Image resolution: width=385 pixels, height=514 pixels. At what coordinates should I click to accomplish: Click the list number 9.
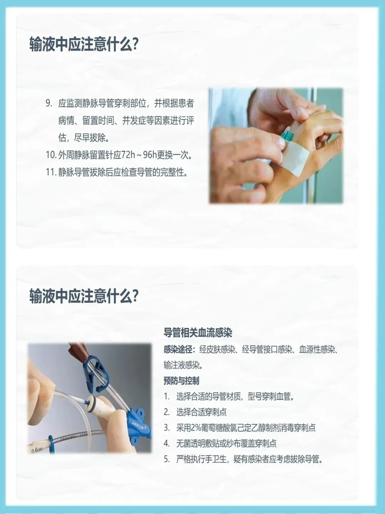coord(48,103)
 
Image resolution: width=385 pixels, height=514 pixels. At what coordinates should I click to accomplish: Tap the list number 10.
coord(51,155)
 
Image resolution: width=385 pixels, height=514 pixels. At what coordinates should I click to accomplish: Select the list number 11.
coord(51,172)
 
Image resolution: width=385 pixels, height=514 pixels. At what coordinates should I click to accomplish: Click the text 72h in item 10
coord(128,155)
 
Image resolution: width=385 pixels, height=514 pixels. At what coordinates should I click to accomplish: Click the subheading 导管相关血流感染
coord(198,333)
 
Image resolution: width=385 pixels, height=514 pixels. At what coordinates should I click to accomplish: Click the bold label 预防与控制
coord(181,381)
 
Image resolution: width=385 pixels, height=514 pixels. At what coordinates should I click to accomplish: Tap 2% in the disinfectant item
coord(196,428)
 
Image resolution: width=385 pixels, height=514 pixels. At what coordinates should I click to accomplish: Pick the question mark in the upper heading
coord(135,45)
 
